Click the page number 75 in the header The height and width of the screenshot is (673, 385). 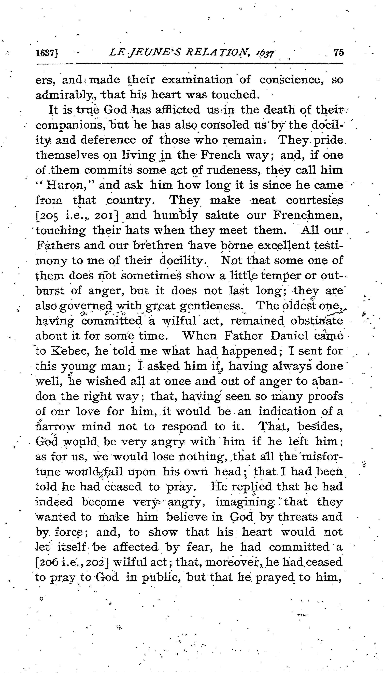click(x=338, y=52)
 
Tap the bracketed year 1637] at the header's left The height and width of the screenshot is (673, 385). click(x=47, y=53)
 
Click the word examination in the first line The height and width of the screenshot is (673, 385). click(x=197, y=80)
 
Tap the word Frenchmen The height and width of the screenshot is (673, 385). click(x=308, y=215)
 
